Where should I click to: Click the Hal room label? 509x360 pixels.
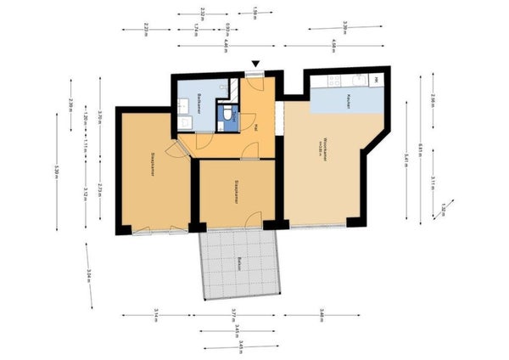coord(256,128)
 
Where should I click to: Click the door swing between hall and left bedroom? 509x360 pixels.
coord(173,149)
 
